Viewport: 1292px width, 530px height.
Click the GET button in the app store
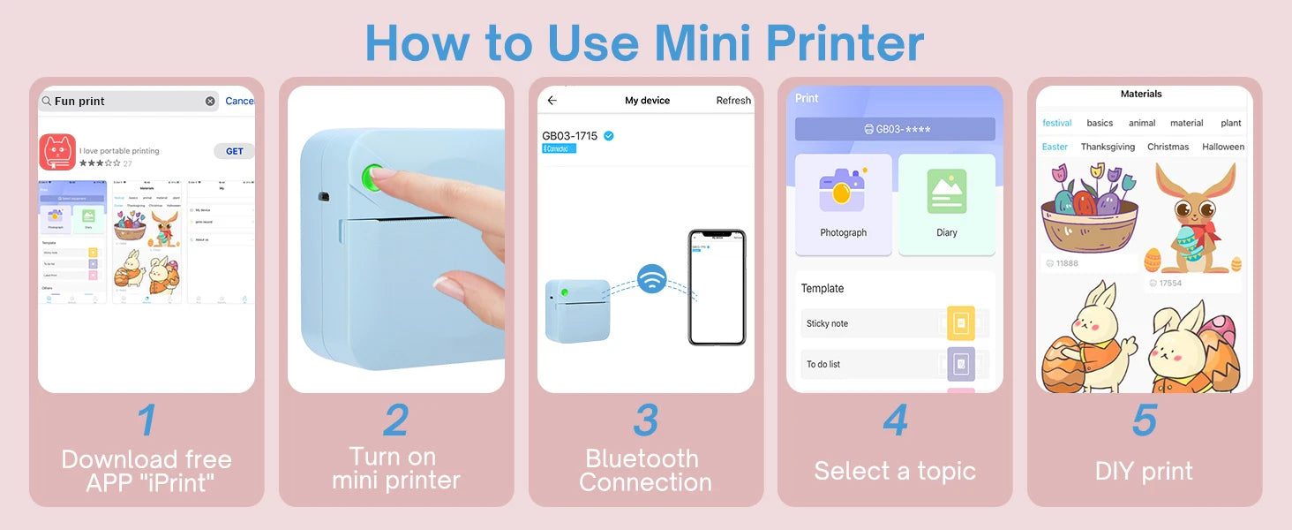[x=234, y=151]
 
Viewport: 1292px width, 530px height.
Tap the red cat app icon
[x=57, y=152]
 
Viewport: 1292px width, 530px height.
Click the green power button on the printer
[x=372, y=174]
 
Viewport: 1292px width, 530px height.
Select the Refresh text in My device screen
[x=732, y=101]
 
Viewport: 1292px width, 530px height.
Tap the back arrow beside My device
[x=552, y=101]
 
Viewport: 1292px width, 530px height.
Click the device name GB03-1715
[x=570, y=136]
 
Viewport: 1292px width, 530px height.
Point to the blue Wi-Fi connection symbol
[x=651, y=279]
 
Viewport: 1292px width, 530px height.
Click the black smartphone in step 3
[x=717, y=287]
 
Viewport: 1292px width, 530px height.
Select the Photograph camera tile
[x=843, y=204]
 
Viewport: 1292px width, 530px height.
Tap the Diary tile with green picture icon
[x=946, y=204]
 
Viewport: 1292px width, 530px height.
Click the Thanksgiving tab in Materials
[x=1108, y=147]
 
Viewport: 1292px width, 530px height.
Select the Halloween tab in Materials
[x=1222, y=147]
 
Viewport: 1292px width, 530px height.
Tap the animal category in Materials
[x=1142, y=123]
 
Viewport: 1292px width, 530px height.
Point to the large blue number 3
[x=646, y=420]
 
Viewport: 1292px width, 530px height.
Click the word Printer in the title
[x=845, y=42]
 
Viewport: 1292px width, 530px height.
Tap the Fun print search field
[x=129, y=102]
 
